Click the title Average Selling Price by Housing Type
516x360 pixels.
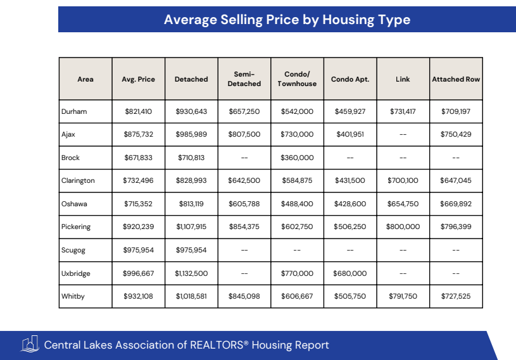click(x=287, y=20)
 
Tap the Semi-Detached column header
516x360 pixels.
click(x=244, y=79)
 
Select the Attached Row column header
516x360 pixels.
click(x=456, y=79)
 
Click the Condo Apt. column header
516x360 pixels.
click(x=350, y=79)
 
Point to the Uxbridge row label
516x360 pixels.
click(x=77, y=273)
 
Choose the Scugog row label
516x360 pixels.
click(x=74, y=250)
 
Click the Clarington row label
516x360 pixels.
click(x=78, y=180)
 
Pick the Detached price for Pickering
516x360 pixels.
click(x=191, y=227)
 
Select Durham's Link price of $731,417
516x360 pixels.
click(x=403, y=111)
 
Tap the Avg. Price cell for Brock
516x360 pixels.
click(x=138, y=158)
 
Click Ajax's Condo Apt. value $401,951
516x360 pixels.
click(x=350, y=134)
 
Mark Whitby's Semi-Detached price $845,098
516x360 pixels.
click(x=244, y=296)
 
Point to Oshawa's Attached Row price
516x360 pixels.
click(x=456, y=204)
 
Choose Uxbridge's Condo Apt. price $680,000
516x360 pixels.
click(x=350, y=273)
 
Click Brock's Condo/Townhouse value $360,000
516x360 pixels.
click(x=297, y=158)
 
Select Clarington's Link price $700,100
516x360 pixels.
click(x=403, y=180)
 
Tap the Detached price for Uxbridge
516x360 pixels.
click(x=191, y=273)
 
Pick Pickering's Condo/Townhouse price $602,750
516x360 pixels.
click(x=297, y=227)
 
